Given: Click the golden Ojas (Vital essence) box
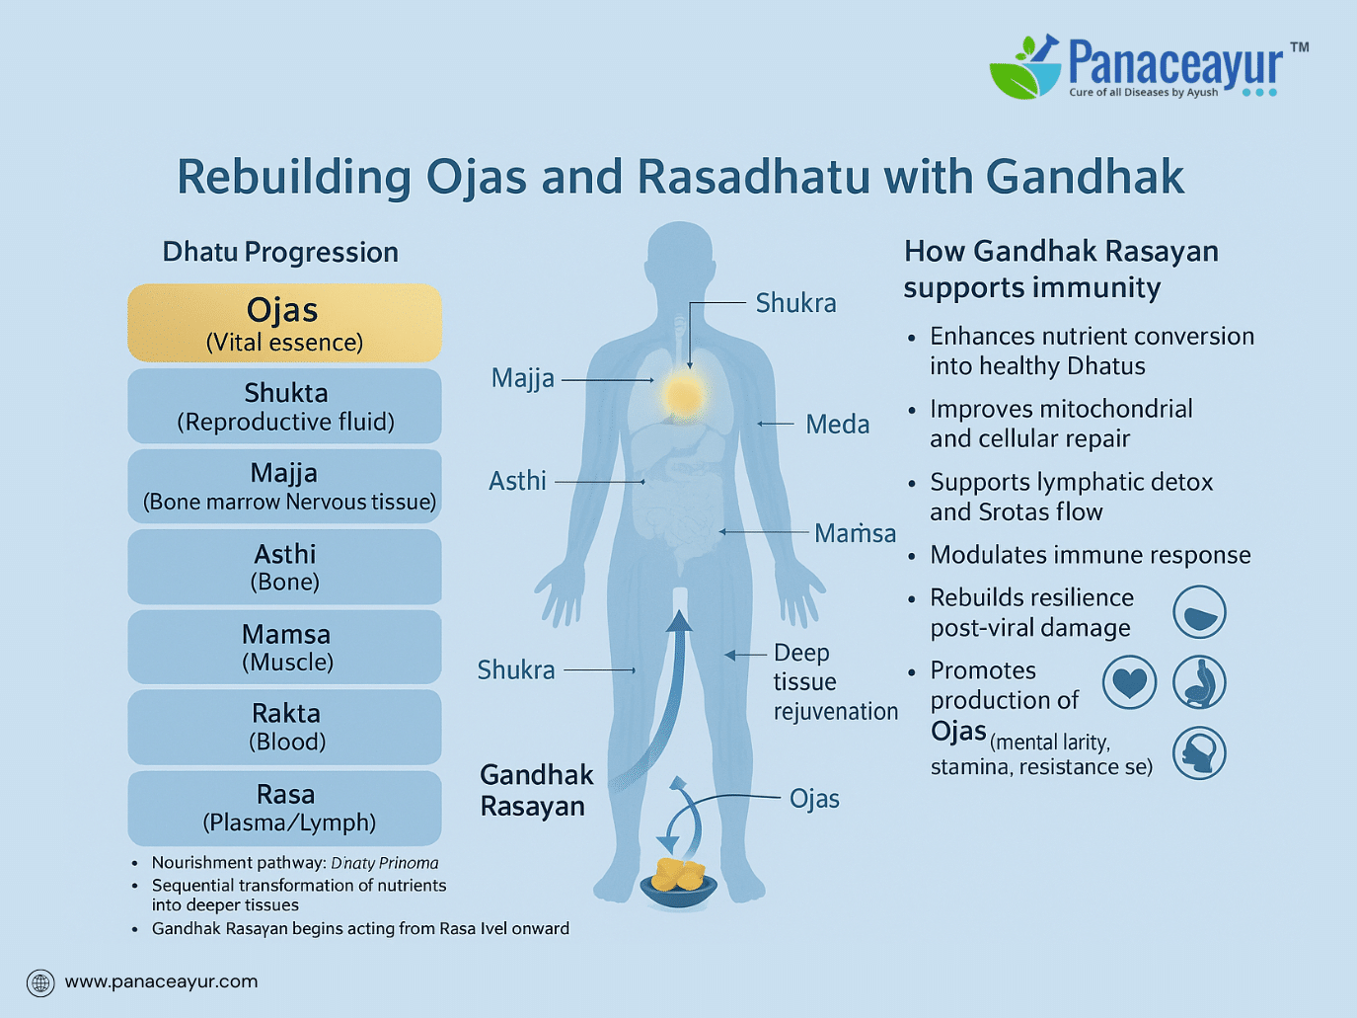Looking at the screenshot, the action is click(284, 323).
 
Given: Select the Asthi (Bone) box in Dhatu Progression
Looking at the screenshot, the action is click(284, 567).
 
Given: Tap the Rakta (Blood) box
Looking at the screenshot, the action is click(284, 727).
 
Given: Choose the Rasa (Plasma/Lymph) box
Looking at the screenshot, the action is click(284, 808).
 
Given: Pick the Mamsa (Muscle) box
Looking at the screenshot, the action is click(284, 647).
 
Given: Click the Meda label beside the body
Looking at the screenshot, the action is click(837, 425).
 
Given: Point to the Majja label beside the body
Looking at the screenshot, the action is click(522, 378).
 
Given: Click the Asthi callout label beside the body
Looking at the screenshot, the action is click(517, 481).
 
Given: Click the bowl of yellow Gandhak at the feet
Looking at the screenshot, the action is click(678, 883).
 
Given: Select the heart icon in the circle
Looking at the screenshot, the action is click(1129, 682).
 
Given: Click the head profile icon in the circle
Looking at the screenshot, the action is click(1199, 752).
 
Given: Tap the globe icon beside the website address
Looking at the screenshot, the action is click(40, 982).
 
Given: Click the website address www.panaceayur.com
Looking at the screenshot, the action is click(161, 981).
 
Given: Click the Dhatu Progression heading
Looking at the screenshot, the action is click(280, 253).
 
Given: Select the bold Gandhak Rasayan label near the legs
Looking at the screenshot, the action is click(537, 790).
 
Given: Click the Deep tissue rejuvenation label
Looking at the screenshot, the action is click(835, 682).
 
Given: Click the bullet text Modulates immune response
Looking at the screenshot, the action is click(1090, 555).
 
